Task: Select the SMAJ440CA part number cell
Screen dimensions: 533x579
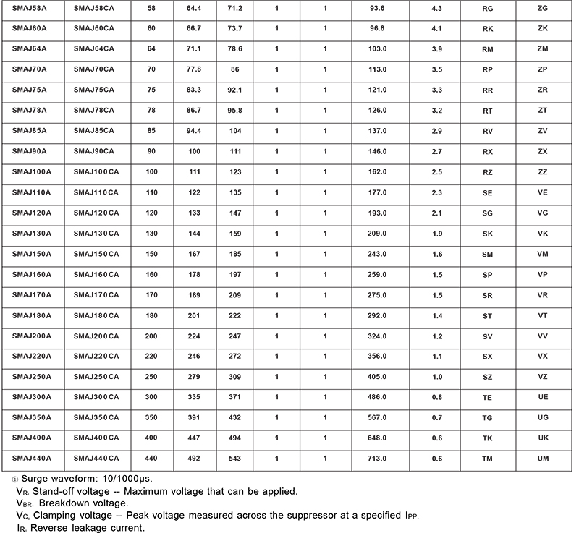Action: pos(96,459)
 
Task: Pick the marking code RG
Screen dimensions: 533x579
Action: pos(487,7)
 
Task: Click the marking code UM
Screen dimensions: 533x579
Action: pos(543,459)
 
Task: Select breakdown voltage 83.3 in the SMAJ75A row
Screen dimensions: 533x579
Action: pos(193,90)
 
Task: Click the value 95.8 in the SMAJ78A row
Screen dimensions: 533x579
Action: pos(234,110)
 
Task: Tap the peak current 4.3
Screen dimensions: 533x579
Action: pos(436,7)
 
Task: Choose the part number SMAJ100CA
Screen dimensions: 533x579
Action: pos(96,172)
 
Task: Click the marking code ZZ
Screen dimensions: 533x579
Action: pos(543,172)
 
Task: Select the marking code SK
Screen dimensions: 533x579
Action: pos(487,234)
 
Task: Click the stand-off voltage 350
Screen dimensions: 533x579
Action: pos(151,418)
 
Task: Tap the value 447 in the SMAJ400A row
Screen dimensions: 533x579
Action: pos(193,438)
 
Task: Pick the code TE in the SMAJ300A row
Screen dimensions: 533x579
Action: pos(487,397)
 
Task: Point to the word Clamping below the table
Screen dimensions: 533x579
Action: pos(62,516)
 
